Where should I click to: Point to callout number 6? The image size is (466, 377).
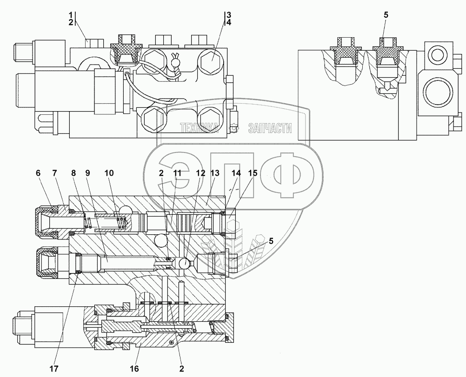(38, 172)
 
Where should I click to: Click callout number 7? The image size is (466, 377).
(55, 172)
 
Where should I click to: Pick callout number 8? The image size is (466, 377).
(74, 172)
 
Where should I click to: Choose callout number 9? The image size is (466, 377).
(88, 172)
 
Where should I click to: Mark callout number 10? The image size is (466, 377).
(108, 172)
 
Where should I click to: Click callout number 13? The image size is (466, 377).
(214, 172)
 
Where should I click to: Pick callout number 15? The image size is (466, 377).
(253, 172)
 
